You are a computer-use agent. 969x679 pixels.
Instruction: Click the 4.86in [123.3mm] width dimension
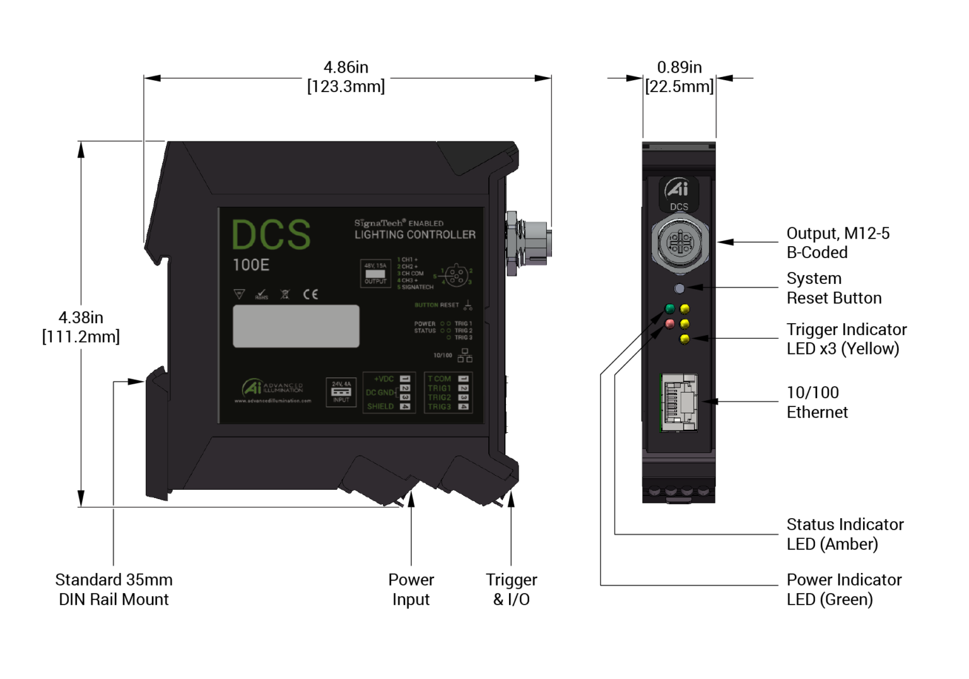pyautogui.click(x=346, y=77)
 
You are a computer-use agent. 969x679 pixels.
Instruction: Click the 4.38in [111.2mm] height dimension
pyautogui.click(x=81, y=327)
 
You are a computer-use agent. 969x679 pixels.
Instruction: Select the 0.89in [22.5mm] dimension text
pyautogui.click(x=679, y=77)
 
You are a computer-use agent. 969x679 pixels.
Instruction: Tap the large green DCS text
pyautogui.click(x=271, y=235)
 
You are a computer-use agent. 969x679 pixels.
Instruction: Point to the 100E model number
pyautogui.click(x=251, y=265)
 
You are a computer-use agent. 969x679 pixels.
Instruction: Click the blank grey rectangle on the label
pyautogui.click(x=296, y=326)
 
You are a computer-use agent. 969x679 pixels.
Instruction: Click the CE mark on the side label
pyautogui.click(x=310, y=294)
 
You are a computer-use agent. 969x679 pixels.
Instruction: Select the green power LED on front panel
pyautogui.click(x=669, y=309)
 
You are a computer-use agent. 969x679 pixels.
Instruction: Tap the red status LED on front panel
pyautogui.click(x=669, y=324)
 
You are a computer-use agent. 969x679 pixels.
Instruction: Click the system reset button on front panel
pyautogui.click(x=679, y=288)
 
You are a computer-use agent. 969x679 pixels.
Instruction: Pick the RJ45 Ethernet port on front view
pyautogui.click(x=679, y=403)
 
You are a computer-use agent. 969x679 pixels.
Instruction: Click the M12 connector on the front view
pyautogui.click(x=679, y=243)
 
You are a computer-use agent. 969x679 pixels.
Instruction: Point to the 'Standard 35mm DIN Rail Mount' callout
pyautogui.click(x=114, y=589)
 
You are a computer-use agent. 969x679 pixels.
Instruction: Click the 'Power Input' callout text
pyautogui.click(x=411, y=589)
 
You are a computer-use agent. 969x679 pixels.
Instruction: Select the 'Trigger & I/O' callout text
pyautogui.click(x=511, y=589)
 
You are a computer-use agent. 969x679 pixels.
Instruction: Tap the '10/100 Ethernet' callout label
pyautogui.click(x=817, y=402)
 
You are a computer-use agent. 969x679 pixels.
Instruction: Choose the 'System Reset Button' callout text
pyautogui.click(x=833, y=288)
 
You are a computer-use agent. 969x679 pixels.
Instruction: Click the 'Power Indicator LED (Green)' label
pyautogui.click(x=843, y=589)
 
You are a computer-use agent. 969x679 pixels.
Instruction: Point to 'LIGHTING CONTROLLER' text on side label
pyautogui.click(x=414, y=235)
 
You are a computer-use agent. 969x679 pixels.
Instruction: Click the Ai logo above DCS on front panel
pyautogui.click(x=678, y=189)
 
